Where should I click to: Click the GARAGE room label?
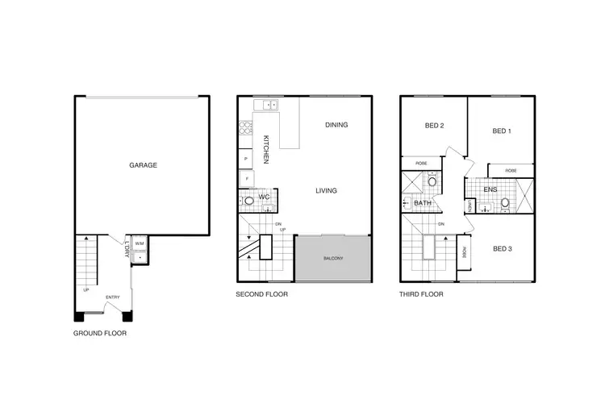pyautogui.click(x=143, y=165)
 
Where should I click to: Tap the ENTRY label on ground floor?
pyautogui.click(x=112, y=297)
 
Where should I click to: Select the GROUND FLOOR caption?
pyautogui.click(x=100, y=333)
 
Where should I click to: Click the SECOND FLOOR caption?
pyautogui.click(x=261, y=295)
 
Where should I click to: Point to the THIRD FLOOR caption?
pyautogui.click(x=421, y=295)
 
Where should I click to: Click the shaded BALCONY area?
pyautogui.click(x=333, y=258)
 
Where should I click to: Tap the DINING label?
pyautogui.click(x=336, y=125)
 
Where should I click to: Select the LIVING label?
pyautogui.click(x=326, y=191)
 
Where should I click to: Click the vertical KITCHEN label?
pyautogui.click(x=265, y=150)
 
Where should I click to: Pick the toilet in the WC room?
pyautogui.click(x=247, y=198)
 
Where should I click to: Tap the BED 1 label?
pyautogui.click(x=501, y=131)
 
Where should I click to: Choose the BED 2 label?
pyautogui.click(x=435, y=125)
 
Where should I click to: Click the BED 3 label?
pyautogui.click(x=502, y=249)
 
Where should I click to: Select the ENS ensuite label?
pyautogui.click(x=490, y=189)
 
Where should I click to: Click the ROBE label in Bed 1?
pyautogui.click(x=511, y=170)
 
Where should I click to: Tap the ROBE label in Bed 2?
pyautogui.click(x=421, y=164)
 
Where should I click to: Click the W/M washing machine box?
pyautogui.click(x=139, y=243)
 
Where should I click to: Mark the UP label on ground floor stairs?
pyautogui.click(x=86, y=289)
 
